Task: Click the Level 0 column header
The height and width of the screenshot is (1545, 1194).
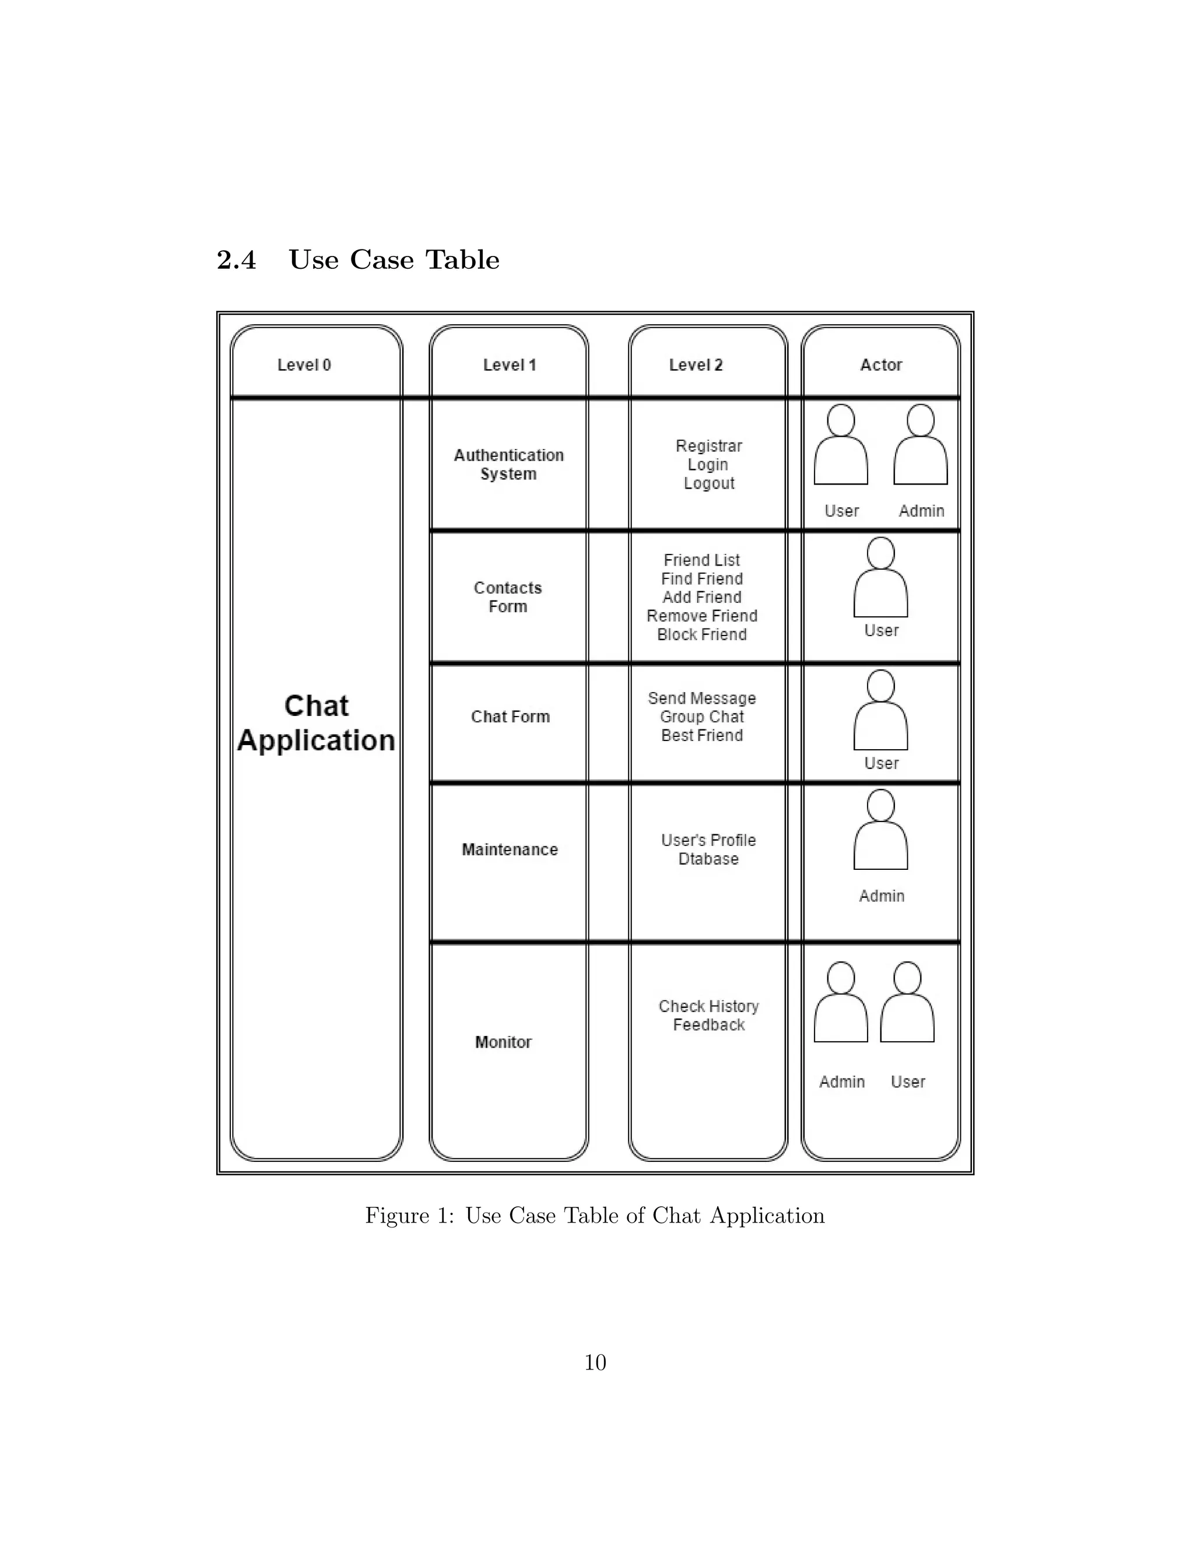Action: pos(304,365)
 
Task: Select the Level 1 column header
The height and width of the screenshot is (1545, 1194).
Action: pos(510,365)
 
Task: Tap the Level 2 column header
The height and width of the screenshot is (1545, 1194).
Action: pos(696,365)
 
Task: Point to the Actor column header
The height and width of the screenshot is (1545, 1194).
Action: pos(881,365)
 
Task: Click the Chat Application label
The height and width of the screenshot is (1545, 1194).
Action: pos(316,723)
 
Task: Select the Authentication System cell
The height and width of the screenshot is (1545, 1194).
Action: pos(508,465)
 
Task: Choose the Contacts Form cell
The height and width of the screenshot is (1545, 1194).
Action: pos(508,597)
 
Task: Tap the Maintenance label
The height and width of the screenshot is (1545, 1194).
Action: pos(510,849)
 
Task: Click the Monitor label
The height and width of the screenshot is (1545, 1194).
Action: pos(503,1042)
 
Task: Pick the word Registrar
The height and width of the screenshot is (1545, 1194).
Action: pos(709,447)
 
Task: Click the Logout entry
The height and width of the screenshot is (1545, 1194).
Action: pos(709,484)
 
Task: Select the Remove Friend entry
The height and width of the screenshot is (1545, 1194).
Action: pos(702,616)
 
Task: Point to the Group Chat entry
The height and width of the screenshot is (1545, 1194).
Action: pos(702,717)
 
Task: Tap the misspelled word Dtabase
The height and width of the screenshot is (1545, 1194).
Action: pos(708,859)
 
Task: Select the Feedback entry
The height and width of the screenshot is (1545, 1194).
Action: pos(709,1025)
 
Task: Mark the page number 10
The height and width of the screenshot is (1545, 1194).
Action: pos(595,1363)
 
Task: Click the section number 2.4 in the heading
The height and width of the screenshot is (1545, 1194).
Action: pos(236,261)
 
